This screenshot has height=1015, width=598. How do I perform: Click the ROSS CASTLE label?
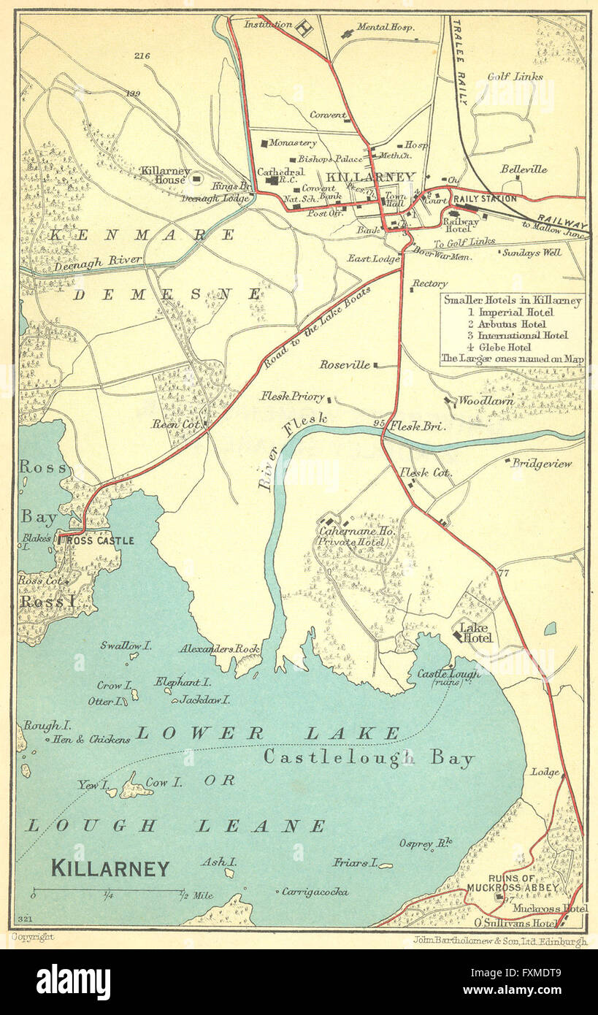point(100,540)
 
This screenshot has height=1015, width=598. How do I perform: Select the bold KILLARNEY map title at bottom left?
point(110,867)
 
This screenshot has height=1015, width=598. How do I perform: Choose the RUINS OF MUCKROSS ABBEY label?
point(513,882)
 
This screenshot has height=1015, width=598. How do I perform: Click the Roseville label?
point(345,364)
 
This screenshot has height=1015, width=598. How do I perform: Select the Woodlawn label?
point(486,400)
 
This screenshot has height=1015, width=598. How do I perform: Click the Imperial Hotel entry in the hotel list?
point(511,312)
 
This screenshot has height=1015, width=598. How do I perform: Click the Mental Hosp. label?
point(386,28)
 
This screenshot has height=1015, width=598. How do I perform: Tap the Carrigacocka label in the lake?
point(315,892)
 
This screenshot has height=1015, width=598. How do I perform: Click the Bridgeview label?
point(542,463)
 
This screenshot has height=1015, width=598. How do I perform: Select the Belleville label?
point(524,169)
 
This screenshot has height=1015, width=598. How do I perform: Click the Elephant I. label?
point(183,681)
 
